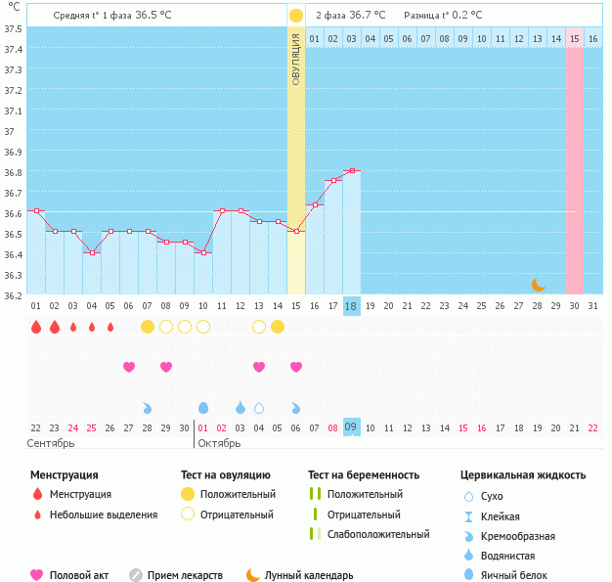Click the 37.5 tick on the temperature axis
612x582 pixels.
pyautogui.click(x=14, y=27)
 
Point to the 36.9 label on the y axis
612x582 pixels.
pyautogui.click(x=14, y=152)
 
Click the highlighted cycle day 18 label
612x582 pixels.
pyautogui.click(x=352, y=306)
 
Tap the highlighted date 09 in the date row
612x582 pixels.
pyautogui.click(x=352, y=427)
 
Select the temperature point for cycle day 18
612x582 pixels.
pyautogui.click(x=352, y=170)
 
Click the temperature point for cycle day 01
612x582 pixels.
pyautogui.click(x=36, y=210)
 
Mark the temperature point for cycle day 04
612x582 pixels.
pyautogui.click(x=92, y=252)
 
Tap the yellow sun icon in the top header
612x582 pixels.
pyautogui.click(x=296, y=16)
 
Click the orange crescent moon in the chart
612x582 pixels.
pyautogui.click(x=538, y=284)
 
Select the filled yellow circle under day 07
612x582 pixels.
pyautogui.click(x=148, y=326)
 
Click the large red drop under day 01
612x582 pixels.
pyautogui.click(x=36, y=326)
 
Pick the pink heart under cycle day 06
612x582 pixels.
pyautogui.click(x=129, y=367)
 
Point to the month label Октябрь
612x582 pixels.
pyautogui.click(x=221, y=444)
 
